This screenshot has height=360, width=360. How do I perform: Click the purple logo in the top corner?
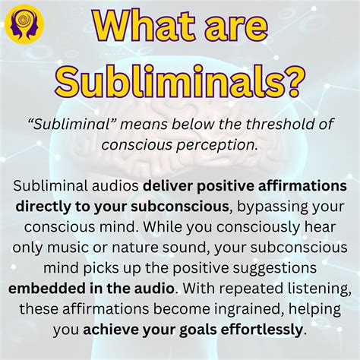tap(24, 23)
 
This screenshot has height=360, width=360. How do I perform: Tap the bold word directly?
tap(42, 206)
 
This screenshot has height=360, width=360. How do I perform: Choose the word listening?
tap(311, 289)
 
